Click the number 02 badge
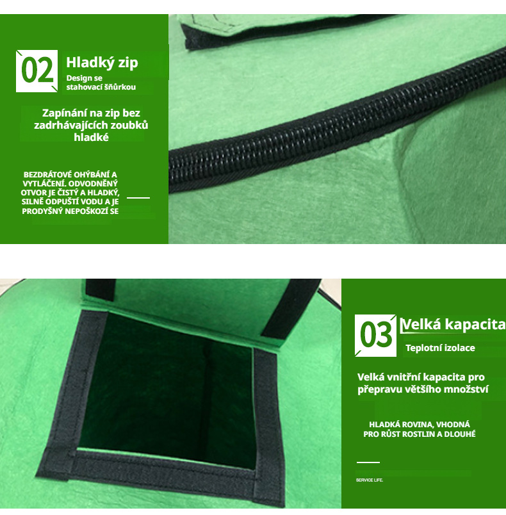tap(37, 71)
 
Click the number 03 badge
tap(375, 336)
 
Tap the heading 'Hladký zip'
tap(102, 63)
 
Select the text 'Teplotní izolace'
tap(440, 348)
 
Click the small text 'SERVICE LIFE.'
tap(370, 480)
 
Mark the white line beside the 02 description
tap(138, 198)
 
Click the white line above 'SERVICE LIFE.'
tap(368, 462)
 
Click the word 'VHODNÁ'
tap(453, 424)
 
